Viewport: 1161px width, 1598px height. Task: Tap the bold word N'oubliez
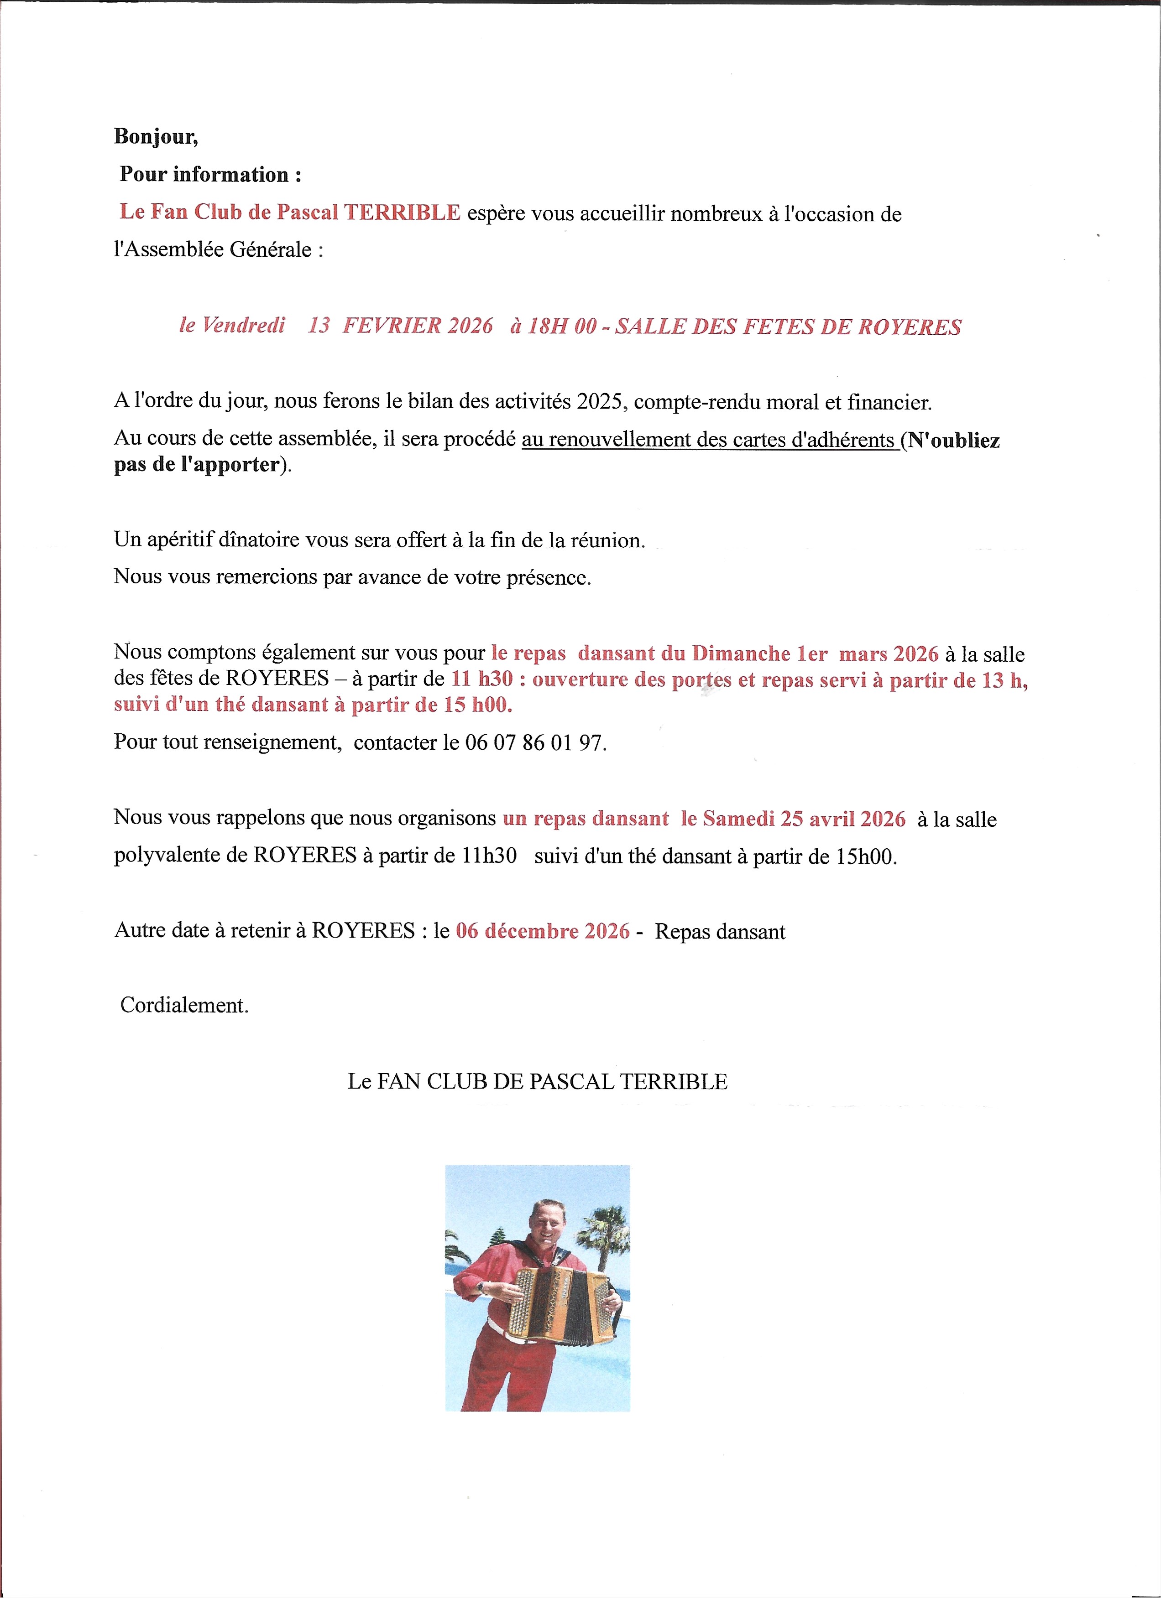[x=954, y=441]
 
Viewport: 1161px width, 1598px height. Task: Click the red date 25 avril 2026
[x=842, y=819]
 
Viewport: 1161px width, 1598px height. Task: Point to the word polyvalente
[x=180, y=856]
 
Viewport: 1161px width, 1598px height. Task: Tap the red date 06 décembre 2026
[x=543, y=931]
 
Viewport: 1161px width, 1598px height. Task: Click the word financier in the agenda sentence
[x=889, y=402]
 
